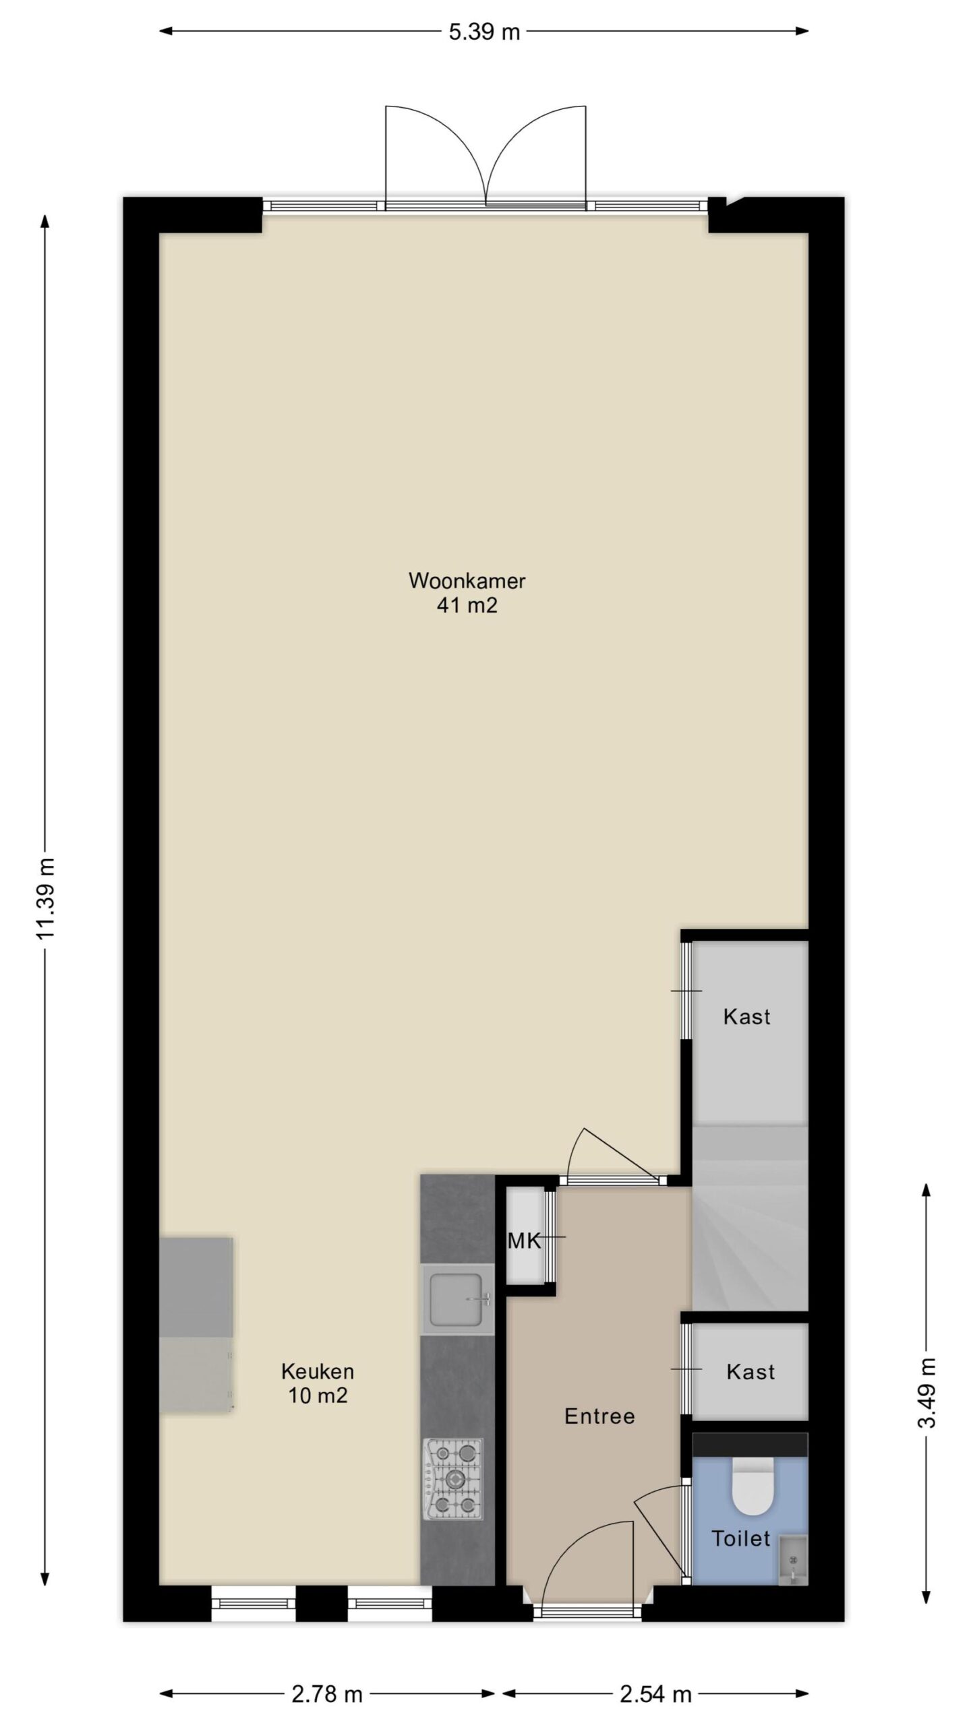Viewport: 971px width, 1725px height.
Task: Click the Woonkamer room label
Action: [467, 581]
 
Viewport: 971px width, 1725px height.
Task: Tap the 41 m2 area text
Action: [467, 606]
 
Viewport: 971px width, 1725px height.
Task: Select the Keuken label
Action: [318, 1371]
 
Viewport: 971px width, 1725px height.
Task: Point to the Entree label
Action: [599, 1416]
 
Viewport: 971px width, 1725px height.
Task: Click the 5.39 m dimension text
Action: [484, 32]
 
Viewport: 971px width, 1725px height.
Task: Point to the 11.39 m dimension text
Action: [46, 898]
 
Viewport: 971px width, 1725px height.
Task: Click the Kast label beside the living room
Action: [746, 1016]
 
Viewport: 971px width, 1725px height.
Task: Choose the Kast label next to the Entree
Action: [751, 1371]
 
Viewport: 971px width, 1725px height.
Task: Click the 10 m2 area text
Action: [318, 1395]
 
